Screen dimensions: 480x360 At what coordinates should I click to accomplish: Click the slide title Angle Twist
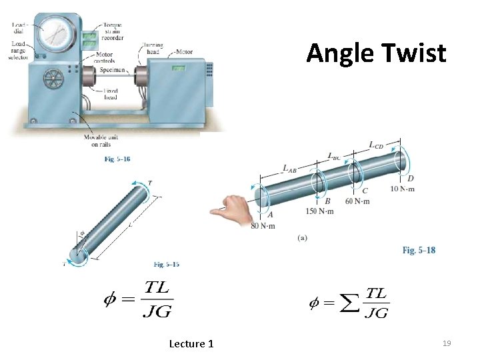tap(376, 53)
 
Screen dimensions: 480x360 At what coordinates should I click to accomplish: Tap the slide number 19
tap(447, 343)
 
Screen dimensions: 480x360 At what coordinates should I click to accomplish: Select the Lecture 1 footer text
tap(191, 343)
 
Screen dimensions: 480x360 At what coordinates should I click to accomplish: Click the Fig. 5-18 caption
tap(419, 250)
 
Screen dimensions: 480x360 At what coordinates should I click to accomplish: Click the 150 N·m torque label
tap(320, 211)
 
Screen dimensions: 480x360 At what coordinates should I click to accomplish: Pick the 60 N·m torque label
tap(358, 202)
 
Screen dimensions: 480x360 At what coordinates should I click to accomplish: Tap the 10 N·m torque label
tap(403, 189)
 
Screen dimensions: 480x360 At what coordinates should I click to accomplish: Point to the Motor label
tap(184, 51)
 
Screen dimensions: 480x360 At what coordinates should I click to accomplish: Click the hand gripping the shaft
tap(230, 207)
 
